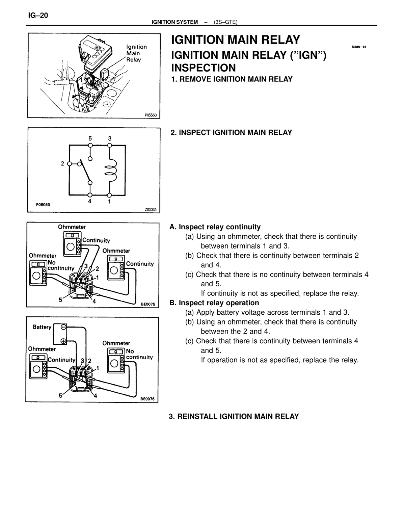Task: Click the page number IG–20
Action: (x=38, y=16)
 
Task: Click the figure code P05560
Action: (x=151, y=115)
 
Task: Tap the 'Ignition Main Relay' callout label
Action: (x=136, y=53)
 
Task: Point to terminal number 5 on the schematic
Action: (x=90, y=138)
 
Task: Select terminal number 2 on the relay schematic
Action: (x=62, y=163)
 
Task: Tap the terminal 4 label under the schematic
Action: (x=90, y=201)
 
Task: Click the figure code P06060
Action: (x=43, y=205)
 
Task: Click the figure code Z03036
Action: (x=151, y=210)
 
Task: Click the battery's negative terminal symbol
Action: (x=63, y=327)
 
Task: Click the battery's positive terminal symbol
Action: (x=63, y=341)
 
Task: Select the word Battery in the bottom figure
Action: (x=42, y=327)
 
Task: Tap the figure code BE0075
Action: (x=148, y=304)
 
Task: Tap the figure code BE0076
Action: (x=147, y=399)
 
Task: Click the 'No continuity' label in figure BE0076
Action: (x=139, y=354)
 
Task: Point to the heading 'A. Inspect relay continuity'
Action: (x=215, y=227)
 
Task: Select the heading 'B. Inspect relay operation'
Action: (x=214, y=303)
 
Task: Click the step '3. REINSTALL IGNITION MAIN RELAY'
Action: (x=234, y=416)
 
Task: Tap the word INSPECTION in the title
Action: (x=203, y=68)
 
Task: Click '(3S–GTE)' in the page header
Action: (x=225, y=22)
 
